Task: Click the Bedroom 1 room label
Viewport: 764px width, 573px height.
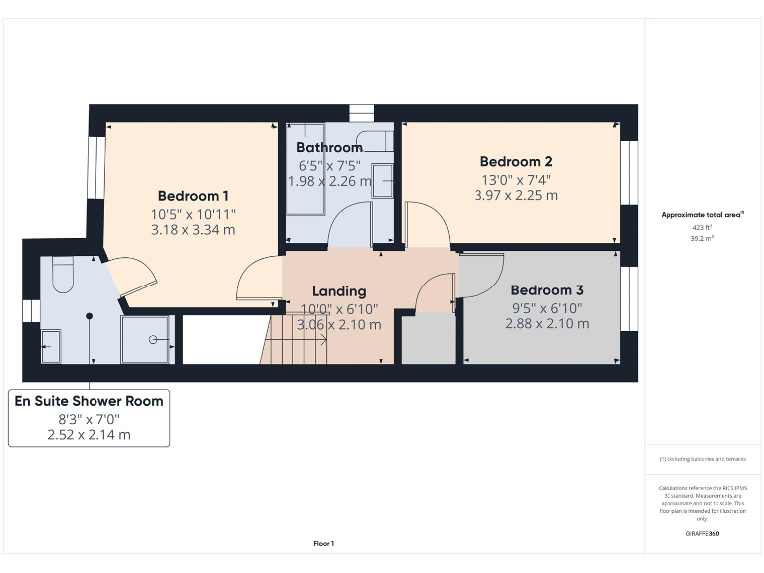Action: click(193, 196)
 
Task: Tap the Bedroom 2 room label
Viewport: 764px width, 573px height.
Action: click(516, 162)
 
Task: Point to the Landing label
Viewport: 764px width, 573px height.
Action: click(339, 291)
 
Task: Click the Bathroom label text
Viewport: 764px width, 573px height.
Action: click(328, 148)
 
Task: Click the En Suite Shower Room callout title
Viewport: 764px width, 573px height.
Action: click(89, 401)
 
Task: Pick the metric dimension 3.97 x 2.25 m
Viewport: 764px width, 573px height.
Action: click(517, 195)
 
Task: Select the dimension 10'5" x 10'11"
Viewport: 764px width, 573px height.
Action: click(193, 214)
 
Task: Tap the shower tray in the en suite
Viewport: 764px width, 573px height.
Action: click(147, 339)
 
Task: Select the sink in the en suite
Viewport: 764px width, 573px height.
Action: click(50, 347)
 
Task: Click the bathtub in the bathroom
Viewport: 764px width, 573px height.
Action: click(303, 169)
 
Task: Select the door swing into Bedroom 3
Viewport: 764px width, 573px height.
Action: click(480, 275)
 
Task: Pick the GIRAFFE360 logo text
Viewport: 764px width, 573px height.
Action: click(702, 534)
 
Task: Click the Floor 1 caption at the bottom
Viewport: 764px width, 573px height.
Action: click(323, 544)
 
